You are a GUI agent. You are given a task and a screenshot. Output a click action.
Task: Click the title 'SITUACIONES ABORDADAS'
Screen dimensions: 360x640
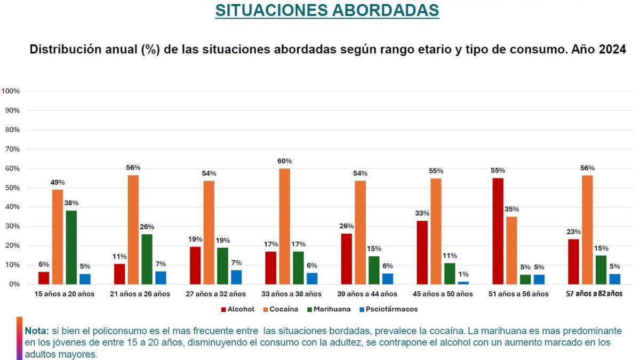click(327, 10)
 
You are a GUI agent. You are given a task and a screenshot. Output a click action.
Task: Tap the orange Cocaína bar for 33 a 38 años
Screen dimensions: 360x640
click(285, 226)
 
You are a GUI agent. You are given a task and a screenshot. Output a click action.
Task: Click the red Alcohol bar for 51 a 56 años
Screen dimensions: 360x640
click(497, 231)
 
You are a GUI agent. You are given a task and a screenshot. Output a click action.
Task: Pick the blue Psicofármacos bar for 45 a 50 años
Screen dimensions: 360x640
click(463, 283)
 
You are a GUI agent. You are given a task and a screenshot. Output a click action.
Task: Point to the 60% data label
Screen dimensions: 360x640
click(285, 161)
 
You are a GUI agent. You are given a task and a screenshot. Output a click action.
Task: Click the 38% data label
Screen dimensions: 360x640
click(71, 203)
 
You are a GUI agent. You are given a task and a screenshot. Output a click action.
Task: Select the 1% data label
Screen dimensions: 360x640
click(464, 274)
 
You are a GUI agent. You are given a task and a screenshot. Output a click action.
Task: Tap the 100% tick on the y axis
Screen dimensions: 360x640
click(11, 91)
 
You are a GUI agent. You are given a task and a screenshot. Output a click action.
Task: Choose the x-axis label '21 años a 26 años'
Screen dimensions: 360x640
click(139, 294)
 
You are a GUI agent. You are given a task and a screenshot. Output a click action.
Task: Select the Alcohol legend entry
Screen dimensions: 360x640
click(238, 309)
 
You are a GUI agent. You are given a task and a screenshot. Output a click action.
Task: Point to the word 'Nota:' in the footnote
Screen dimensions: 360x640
click(37, 331)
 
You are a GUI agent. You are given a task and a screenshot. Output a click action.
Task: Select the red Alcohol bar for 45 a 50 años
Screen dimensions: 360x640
click(422, 252)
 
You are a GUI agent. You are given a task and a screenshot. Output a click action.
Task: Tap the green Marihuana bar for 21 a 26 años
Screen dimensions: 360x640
click(146, 259)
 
